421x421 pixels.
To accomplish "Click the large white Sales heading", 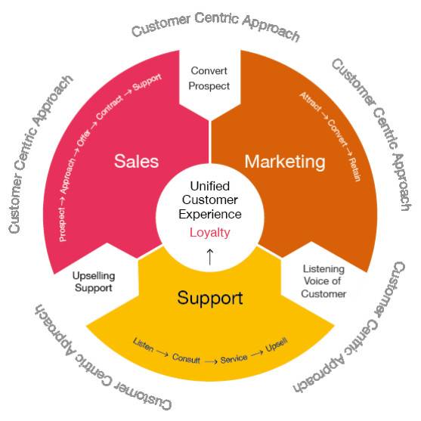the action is click(136, 161).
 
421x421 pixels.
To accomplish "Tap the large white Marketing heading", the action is click(285, 162).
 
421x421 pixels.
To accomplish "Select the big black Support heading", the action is click(210, 298).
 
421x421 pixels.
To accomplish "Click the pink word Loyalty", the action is click(210, 233).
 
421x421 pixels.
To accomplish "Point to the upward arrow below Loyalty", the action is click(210, 256).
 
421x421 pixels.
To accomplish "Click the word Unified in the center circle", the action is click(210, 186).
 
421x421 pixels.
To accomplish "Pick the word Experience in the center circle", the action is click(210, 215).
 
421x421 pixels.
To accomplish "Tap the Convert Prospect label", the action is click(209, 79).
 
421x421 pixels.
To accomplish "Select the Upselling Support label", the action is click(94, 282).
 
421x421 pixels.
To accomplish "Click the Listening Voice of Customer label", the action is click(323, 281).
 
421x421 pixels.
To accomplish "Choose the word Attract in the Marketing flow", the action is click(311, 101).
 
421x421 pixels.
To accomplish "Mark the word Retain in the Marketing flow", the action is click(354, 169).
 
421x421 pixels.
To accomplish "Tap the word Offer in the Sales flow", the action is click(84, 138).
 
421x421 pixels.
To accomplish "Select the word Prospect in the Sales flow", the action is click(62, 224).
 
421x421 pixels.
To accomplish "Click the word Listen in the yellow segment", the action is click(144, 345).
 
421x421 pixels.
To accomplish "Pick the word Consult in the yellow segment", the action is click(186, 358).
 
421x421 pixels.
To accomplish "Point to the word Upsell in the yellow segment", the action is click(277, 345).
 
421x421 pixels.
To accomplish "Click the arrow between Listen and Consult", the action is click(163, 353).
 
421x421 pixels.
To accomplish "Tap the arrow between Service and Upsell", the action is click(257, 353).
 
